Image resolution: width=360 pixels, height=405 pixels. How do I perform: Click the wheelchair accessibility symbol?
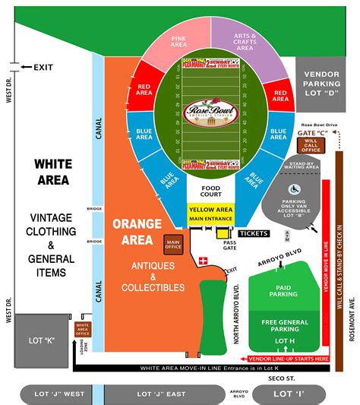click(x=294, y=188)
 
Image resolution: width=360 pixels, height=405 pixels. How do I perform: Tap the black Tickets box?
click(x=254, y=233)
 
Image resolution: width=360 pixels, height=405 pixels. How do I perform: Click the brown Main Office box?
click(x=173, y=243)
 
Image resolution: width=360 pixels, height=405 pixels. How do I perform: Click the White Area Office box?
click(x=82, y=329)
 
